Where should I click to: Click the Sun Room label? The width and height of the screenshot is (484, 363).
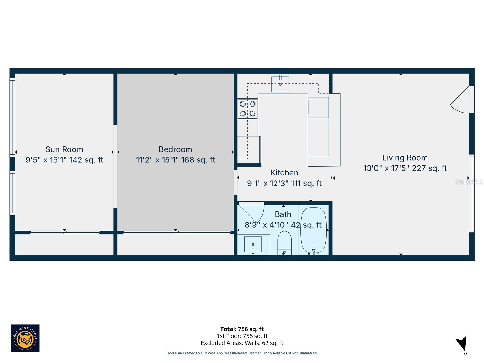click(x=64, y=149)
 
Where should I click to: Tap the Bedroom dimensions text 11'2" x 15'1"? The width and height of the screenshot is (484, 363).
click(x=157, y=160)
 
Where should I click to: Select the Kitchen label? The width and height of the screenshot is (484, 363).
click(x=284, y=173)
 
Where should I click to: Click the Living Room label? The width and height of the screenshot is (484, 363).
click(x=405, y=158)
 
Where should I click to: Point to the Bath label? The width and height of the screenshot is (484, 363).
click(x=283, y=214)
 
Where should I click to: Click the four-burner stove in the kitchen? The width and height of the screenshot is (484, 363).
click(x=248, y=109)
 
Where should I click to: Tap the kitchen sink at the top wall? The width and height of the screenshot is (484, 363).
click(x=280, y=84)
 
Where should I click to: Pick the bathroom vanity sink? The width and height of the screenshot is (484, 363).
click(x=253, y=245)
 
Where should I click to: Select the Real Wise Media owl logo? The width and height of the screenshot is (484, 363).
click(x=25, y=338)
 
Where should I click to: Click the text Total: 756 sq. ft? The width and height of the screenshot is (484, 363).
click(x=242, y=329)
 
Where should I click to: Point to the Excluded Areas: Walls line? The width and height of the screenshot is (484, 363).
click(x=242, y=343)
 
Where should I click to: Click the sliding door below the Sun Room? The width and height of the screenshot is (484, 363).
click(x=65, y=233)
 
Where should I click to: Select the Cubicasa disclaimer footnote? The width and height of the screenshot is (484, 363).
click(x=242, y=353)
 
